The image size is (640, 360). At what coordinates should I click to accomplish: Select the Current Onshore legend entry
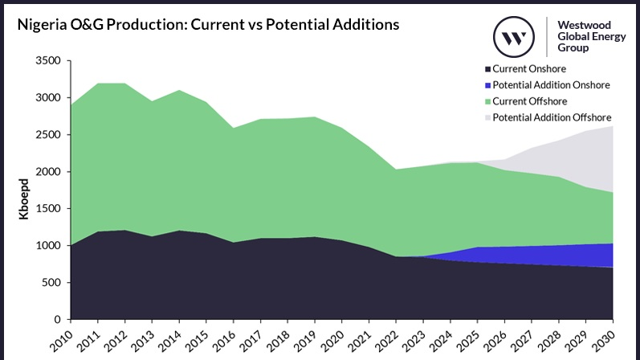point(530,68)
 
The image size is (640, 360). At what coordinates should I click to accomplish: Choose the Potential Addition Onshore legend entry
point(551,85)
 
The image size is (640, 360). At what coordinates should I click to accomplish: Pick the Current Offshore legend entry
point(531,101)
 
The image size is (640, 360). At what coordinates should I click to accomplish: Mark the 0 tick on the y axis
point(57,320)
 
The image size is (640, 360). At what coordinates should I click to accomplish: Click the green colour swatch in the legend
point(487,101)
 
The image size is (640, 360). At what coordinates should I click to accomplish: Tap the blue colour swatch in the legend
point(487,85)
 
